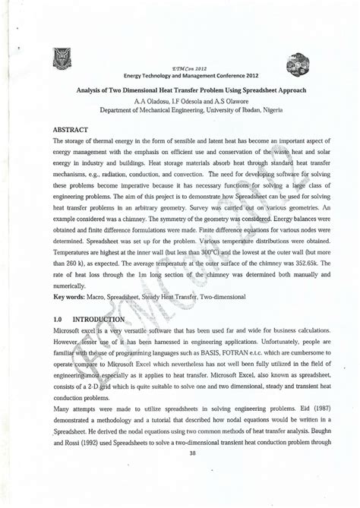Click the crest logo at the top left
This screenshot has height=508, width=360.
point(61,57)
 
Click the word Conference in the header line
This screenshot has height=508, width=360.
point(216,76)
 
